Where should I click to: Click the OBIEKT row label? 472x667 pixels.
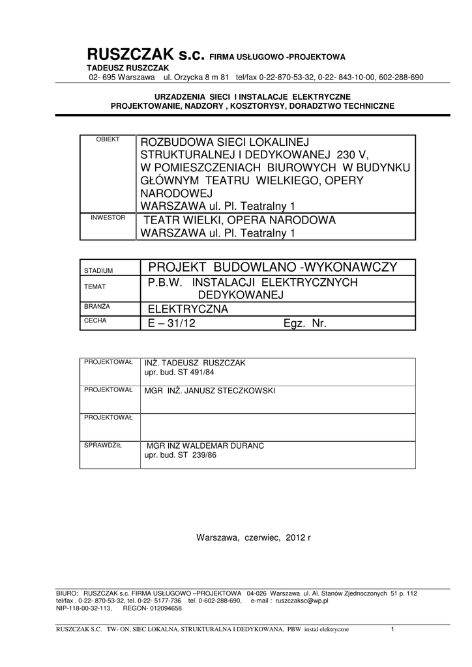pyautogui.click(x=108, y=139)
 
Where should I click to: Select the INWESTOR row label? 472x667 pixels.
pyautogui.click(x=108, y=217)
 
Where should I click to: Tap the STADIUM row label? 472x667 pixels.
pyautogui.click(x=98, y=270)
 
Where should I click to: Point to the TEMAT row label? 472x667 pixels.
pyautogui.click(x=95, y=287)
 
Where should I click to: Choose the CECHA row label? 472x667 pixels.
pyautogui.click(x=95, y=320)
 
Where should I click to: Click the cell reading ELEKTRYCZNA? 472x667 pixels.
pyautogui.click(x=188, y=309)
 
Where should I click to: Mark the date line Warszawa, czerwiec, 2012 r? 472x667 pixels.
pyautogui.click(x=254, y=537)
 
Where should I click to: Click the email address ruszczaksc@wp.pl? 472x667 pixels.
pyautogui.click(x=302, y=601)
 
